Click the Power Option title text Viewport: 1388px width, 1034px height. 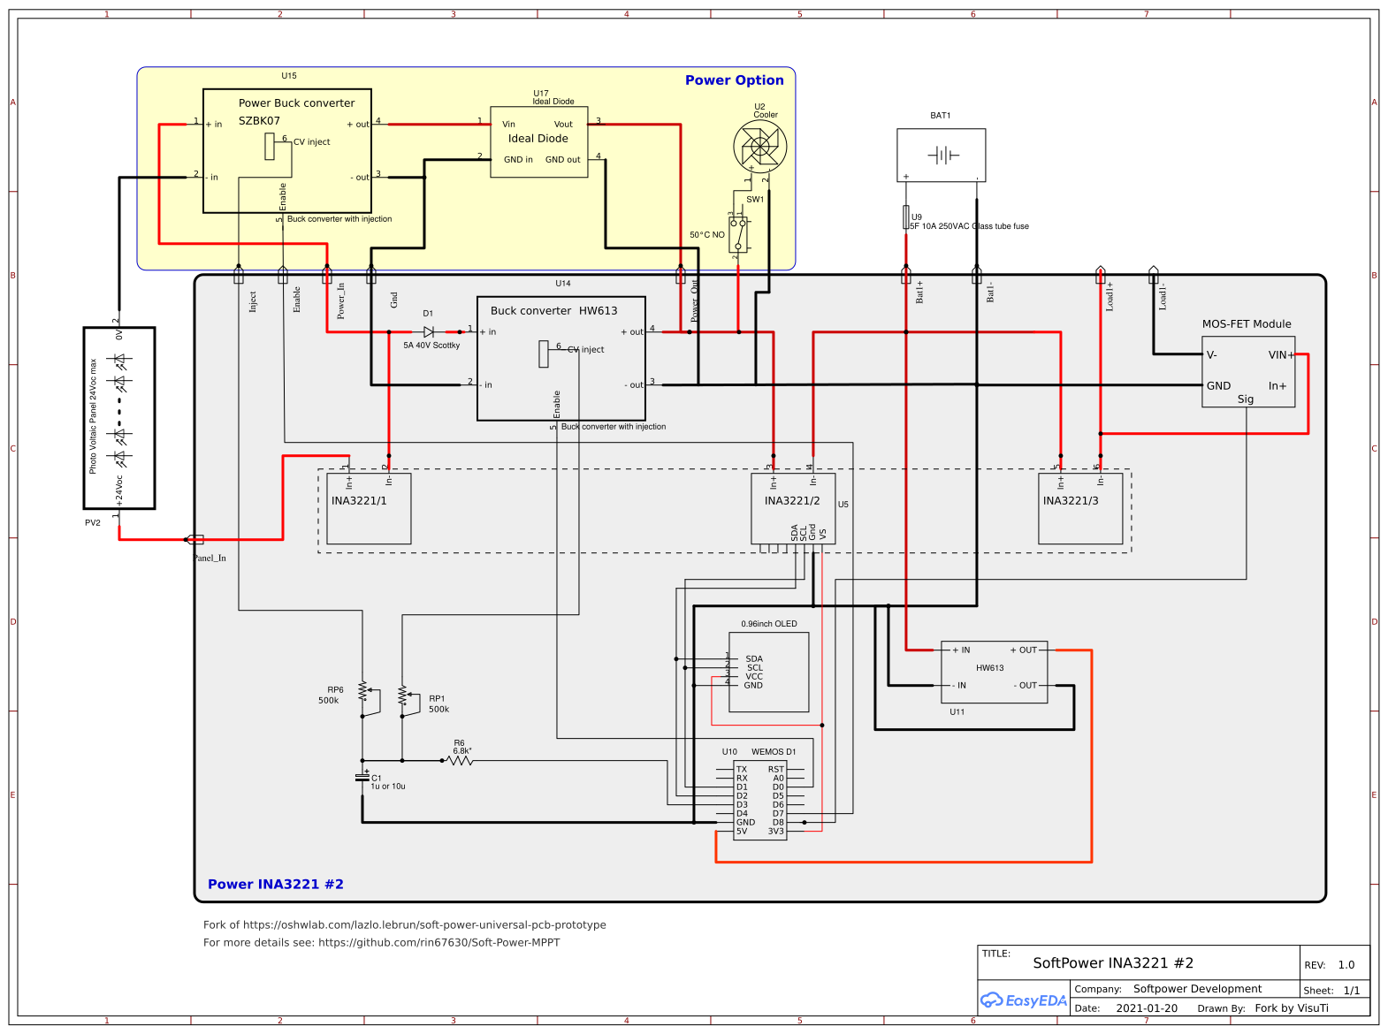734,80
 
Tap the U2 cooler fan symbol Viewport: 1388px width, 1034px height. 759,147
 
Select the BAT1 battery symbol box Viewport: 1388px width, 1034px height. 941,156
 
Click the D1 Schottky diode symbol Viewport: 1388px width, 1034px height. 429,332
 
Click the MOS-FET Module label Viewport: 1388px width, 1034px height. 1246,324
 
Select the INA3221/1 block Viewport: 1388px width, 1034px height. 369,509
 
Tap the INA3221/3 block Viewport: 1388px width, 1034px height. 1080,509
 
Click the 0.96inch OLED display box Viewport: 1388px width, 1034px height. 768,672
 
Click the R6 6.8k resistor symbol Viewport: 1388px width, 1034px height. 461,760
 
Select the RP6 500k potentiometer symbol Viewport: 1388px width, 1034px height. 363,691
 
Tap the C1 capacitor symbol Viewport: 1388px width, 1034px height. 362,778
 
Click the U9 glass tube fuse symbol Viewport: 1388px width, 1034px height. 906,217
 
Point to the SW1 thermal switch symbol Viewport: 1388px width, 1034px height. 738,234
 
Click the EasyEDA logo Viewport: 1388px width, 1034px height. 1023,1000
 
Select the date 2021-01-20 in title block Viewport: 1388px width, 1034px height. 1146,1008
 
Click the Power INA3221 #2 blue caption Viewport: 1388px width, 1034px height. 275,885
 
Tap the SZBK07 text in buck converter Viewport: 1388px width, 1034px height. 259,121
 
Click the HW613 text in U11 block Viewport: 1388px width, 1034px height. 989,668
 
